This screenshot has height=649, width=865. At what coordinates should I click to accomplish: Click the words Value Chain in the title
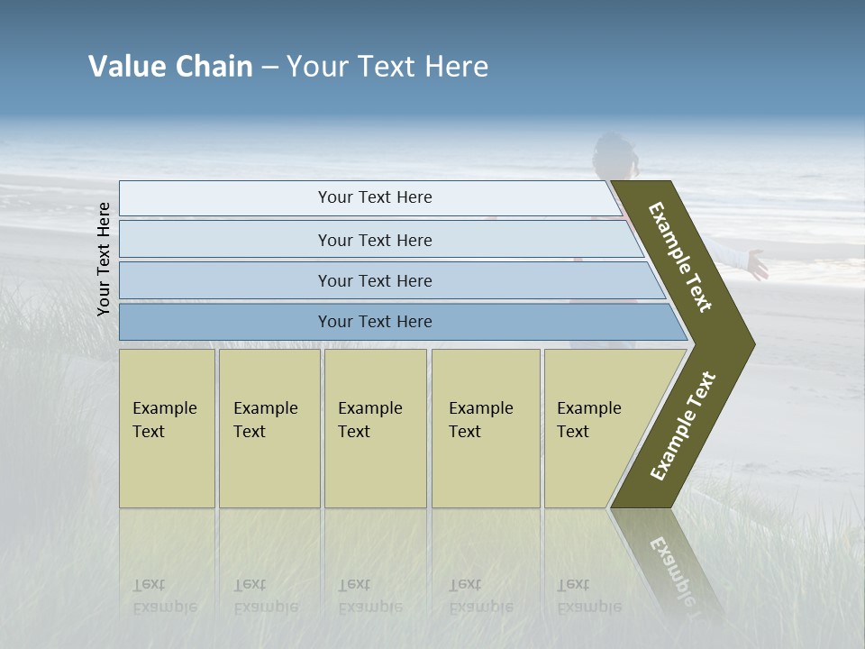click(170, 67)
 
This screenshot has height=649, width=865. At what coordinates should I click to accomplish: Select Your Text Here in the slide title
click(387, 67)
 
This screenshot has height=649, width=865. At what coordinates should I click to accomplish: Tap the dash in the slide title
click(269, 68)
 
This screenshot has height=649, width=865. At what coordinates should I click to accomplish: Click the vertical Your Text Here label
click(105, 259)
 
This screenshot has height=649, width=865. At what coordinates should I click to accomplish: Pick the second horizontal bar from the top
click(375, 240)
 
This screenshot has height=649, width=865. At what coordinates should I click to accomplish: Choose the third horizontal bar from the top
click(375, 280)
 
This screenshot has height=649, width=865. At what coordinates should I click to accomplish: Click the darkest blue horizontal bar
click(375, 322)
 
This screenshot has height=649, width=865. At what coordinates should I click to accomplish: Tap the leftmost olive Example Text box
click(167, 428)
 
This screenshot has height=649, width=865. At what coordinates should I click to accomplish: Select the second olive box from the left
click(269, 428)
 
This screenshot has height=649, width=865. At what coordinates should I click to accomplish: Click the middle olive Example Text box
click(375, 428)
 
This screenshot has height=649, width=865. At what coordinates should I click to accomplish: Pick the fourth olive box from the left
click(486, 428)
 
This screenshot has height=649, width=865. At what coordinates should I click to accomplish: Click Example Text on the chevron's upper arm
click(681, 257)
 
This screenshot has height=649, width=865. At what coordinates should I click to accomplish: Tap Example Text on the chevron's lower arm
click(683, 426)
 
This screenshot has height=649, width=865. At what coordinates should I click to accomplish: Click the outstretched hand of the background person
click(757, 265)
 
